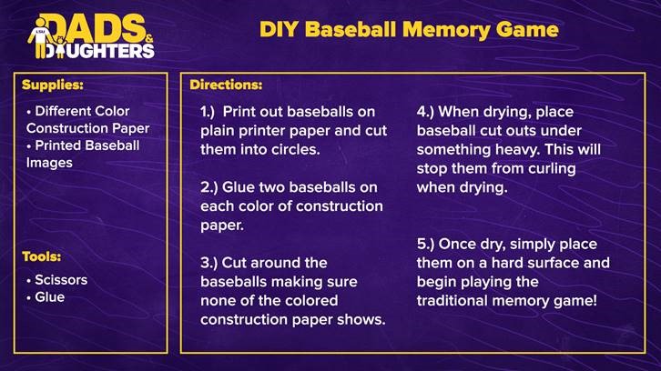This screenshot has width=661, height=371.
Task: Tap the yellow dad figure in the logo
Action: (40, 38)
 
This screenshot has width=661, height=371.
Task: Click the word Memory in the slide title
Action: (446, 30)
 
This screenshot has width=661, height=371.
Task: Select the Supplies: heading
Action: (53, 85)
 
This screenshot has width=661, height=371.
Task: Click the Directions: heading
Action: (226, 85)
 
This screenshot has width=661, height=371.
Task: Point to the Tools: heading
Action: (41, 256)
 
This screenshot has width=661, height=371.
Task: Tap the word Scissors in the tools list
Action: (61, 280)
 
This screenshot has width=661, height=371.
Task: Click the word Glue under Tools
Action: (50, 297)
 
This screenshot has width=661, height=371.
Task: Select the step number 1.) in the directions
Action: (208, 112)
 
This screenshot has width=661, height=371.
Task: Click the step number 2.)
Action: (208, 187)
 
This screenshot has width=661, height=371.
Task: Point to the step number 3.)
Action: (208, 263)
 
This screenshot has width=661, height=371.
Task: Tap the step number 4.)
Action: (426, 112)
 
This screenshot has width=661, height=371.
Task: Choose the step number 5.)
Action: (425, 245)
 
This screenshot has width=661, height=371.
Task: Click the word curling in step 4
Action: (553, 169)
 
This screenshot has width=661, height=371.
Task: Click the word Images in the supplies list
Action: (49, 164)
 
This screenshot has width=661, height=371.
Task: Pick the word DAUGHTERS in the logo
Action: (99, 51)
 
